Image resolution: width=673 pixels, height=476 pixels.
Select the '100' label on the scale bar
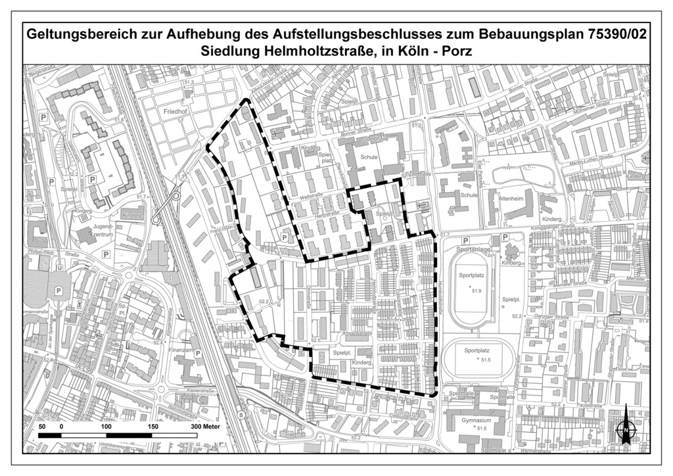click(106, 427)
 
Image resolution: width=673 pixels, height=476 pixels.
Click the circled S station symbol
click(242, 415)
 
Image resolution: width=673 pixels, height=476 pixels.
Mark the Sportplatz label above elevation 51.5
click(477, 351)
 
